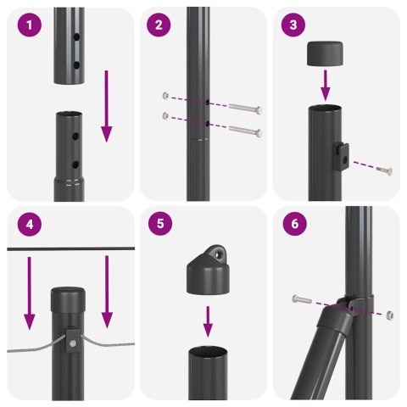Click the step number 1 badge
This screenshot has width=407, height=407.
click(x=31, y=25)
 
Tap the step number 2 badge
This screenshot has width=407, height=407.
click(x=158, y=25)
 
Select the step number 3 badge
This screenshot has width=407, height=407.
click(x=293, y=25)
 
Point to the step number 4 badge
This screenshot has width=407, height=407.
click(x=31, y=226)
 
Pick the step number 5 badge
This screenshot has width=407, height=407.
click(x=158, y=226)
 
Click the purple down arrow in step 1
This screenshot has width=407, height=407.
click(x=106, y=106)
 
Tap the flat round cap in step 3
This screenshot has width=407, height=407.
click(x=325, y=53)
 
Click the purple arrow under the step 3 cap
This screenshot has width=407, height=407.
click(x=325, y=85)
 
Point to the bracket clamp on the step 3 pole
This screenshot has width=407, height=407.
click(x=341, y=153)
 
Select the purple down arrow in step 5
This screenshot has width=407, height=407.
click(x=207, y=320)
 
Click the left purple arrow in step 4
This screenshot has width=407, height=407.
click(x=30, y=293)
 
